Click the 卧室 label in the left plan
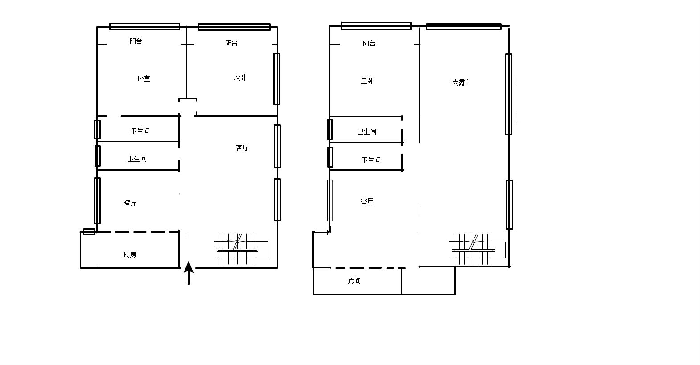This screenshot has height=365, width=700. click(x=144, y=78)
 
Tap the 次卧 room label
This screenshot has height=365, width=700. click(x=240, y=78)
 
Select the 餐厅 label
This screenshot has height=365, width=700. click(x=130, y=203)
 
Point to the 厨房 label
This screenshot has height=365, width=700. click(x=130, y=254)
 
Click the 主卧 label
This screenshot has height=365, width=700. click(x=367, y=81)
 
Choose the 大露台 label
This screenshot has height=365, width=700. click(x=461, y=82)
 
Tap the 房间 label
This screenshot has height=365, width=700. click(x=354, y=281)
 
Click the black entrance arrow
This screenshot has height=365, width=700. click(x=189, y=273)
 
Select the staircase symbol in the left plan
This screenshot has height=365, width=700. click(x=241, y=249)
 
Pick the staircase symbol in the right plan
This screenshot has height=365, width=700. click(x=478, y=249)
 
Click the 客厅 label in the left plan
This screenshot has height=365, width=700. click(x=242, y=148)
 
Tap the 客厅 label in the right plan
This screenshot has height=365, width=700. click(x=367, y=201)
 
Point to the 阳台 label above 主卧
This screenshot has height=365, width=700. click(x=369, y=43)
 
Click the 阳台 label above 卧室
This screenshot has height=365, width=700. click(x=136, y=41)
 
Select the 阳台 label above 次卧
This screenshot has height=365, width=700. click(x=231, y=43)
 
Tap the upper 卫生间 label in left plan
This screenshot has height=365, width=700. click(x=140, y=131)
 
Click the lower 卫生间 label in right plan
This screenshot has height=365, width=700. click(x=371, y=160)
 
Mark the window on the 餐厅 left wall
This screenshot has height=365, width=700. click(x=98, y=201)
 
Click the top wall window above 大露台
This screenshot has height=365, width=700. click(x=464, y=27)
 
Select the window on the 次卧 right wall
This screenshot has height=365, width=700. click(x=277, y=79)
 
